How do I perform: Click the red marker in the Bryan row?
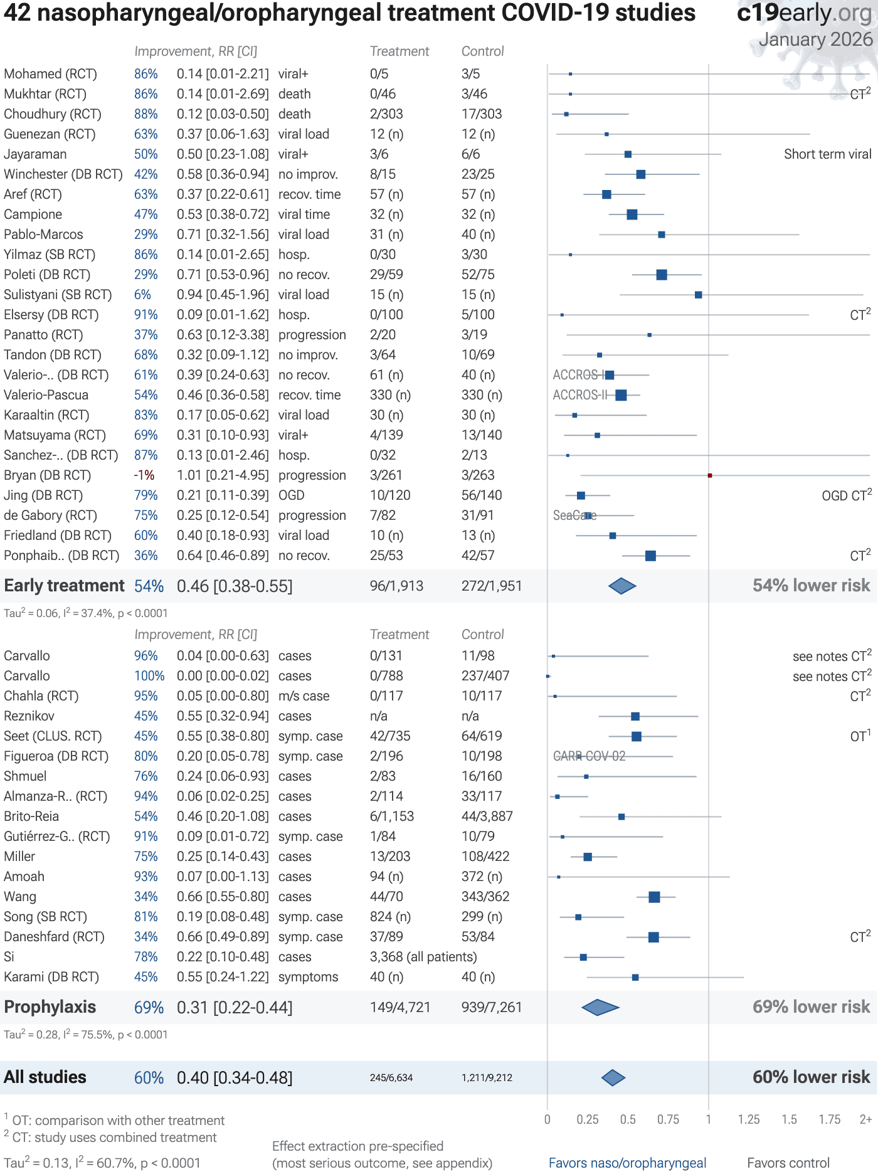coord(709,475)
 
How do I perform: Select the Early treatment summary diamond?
coord(622,586)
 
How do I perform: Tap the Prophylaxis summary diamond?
coord(600,1008)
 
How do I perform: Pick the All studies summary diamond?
coord(613,1078)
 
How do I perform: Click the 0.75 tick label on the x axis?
coord(668,1119)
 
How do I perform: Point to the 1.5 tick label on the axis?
coord(789,1119)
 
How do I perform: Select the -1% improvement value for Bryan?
coord(144,475)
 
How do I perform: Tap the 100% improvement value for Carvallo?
coord(149,676)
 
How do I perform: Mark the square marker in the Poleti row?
coord(662,275)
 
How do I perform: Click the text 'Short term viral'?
coord(827,154)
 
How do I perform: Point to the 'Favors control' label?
coord(788,1163)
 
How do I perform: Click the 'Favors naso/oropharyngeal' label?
coord(627,1163)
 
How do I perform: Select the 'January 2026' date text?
coord(815,40)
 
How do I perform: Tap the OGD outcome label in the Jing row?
coord(292,495)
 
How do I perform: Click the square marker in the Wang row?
coord(654,897)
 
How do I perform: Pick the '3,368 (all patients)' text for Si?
coord(423,957)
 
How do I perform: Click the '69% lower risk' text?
coord(811,1007)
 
